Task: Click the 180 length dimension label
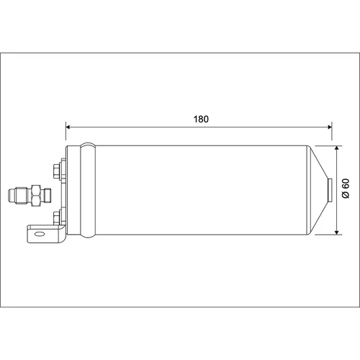point(201,119)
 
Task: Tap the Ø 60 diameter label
point(346,189)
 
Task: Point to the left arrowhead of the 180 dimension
point(68,127)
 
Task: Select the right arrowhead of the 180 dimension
point(329,127)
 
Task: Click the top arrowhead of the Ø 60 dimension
point(337,148)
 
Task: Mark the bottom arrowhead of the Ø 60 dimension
point(337,232)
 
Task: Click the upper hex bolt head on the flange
point(57,171)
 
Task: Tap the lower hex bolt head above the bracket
point(57,218)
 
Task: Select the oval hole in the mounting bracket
point(39,234)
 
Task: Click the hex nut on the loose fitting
point(36,195)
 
